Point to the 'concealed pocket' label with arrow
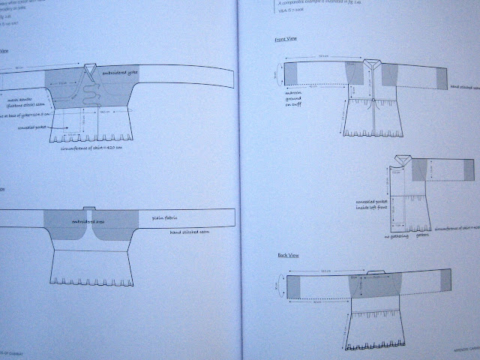46,128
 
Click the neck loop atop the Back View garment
367,273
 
